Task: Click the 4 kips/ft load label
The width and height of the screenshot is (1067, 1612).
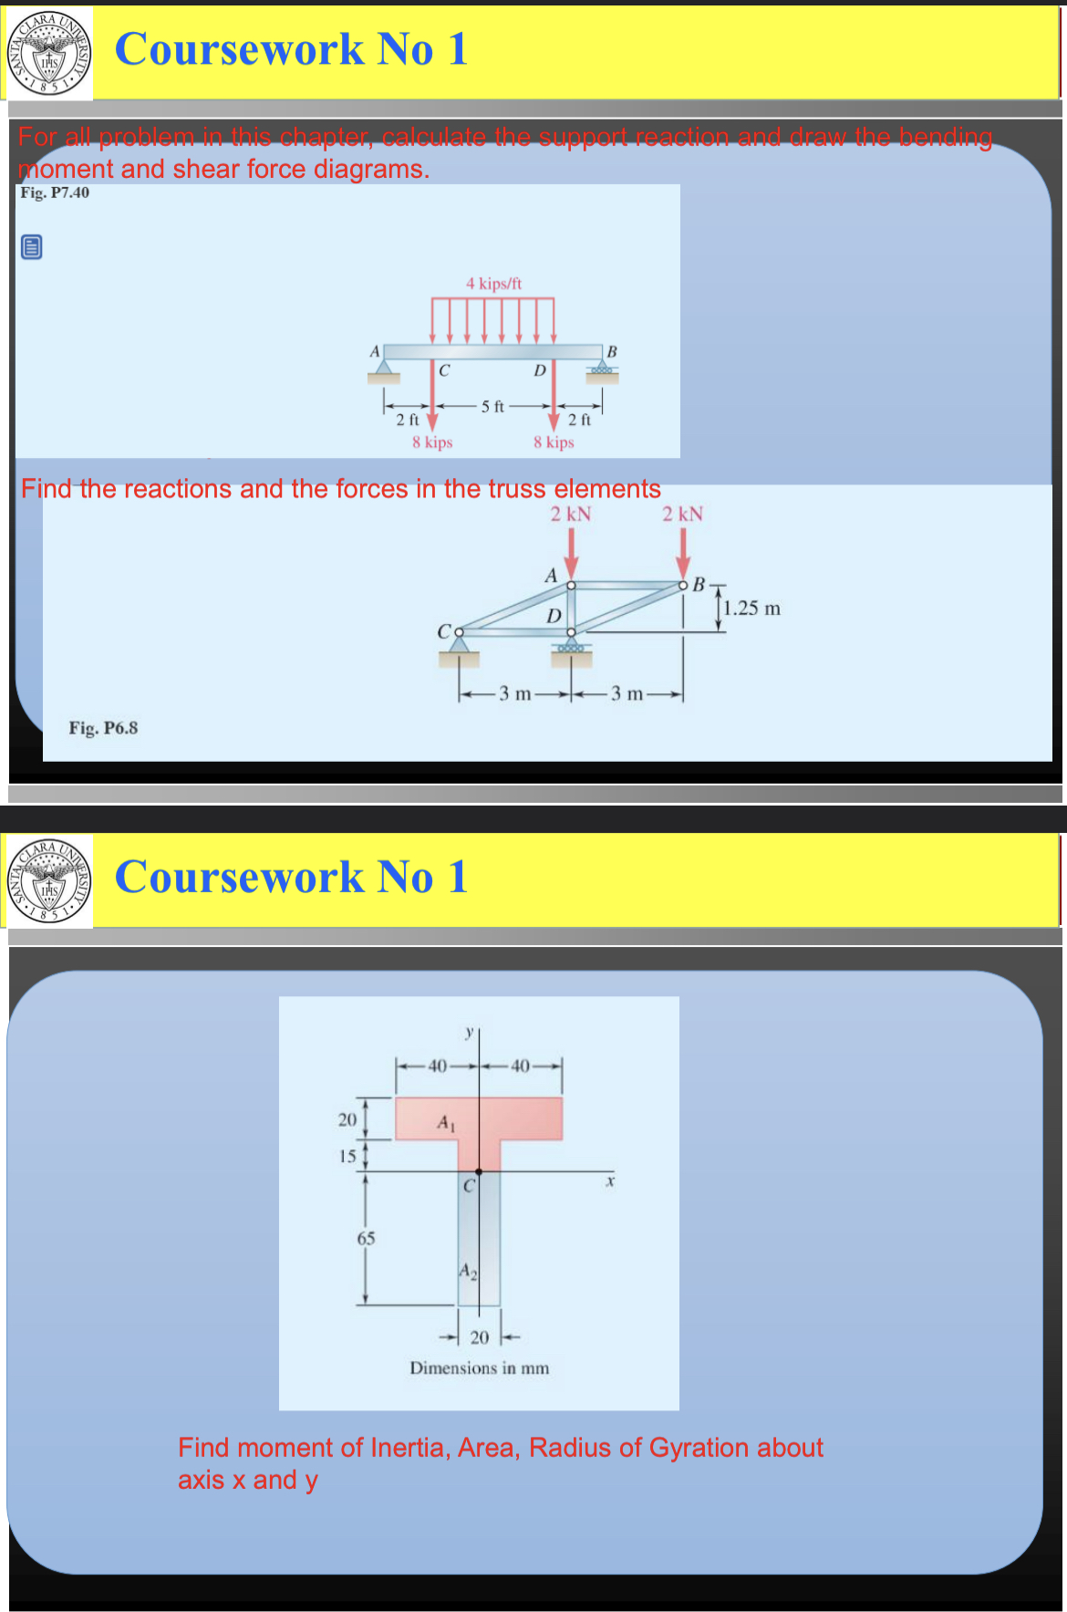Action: click(493, 284)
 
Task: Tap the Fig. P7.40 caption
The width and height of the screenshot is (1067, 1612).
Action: click(55, 192)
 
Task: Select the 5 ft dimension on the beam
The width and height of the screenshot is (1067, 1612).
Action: click(492, 406)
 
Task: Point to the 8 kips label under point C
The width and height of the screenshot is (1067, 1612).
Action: click(432, 442)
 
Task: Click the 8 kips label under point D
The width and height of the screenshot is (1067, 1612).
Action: click(554, 442)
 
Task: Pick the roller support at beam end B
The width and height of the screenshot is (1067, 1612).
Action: click(602, 371)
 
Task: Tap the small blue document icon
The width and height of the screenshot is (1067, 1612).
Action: click(31, 246)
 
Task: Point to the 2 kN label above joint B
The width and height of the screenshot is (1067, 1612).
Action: click(683, 514)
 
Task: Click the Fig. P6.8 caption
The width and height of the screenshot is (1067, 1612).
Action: click(103, 728)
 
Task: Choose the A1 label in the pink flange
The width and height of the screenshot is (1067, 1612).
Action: click(445, 1122)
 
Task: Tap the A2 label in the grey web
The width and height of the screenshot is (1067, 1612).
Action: click(467, 1271)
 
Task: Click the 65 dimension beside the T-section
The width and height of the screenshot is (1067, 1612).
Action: click(366, 1238)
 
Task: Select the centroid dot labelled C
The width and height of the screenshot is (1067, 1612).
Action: click(479, 1171)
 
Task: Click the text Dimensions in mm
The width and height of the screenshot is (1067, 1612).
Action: click(480, 1368)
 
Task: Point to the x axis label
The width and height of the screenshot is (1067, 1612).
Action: click(610, 1181)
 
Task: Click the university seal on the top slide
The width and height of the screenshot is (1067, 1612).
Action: click(49, 54)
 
